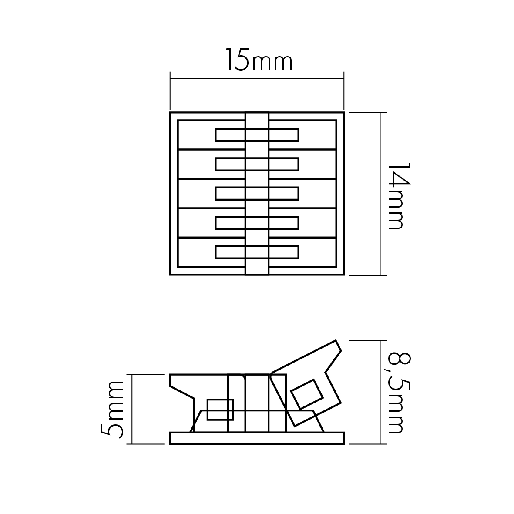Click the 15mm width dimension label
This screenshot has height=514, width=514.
[259, 60]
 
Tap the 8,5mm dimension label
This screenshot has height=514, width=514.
[399, 393]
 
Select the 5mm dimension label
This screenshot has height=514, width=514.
[112, 410]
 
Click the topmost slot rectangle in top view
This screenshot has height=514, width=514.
[257, 135]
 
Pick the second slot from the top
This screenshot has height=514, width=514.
[257, 164]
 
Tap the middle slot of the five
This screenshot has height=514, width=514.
[257, 193]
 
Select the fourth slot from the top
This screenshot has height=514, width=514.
[257, 223]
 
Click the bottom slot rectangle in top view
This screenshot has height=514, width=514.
[257, 252]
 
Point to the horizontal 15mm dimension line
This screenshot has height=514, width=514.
[257, 79]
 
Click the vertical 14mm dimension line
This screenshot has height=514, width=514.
[380, 194]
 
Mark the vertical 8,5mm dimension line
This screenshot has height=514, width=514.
[380, 392]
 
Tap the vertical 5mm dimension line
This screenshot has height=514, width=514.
[132, 409]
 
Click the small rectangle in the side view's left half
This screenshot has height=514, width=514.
[220, 410]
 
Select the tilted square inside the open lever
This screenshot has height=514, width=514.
[307, 394]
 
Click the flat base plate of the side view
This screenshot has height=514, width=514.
[257, 438]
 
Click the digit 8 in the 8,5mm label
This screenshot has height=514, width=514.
[399, 359]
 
